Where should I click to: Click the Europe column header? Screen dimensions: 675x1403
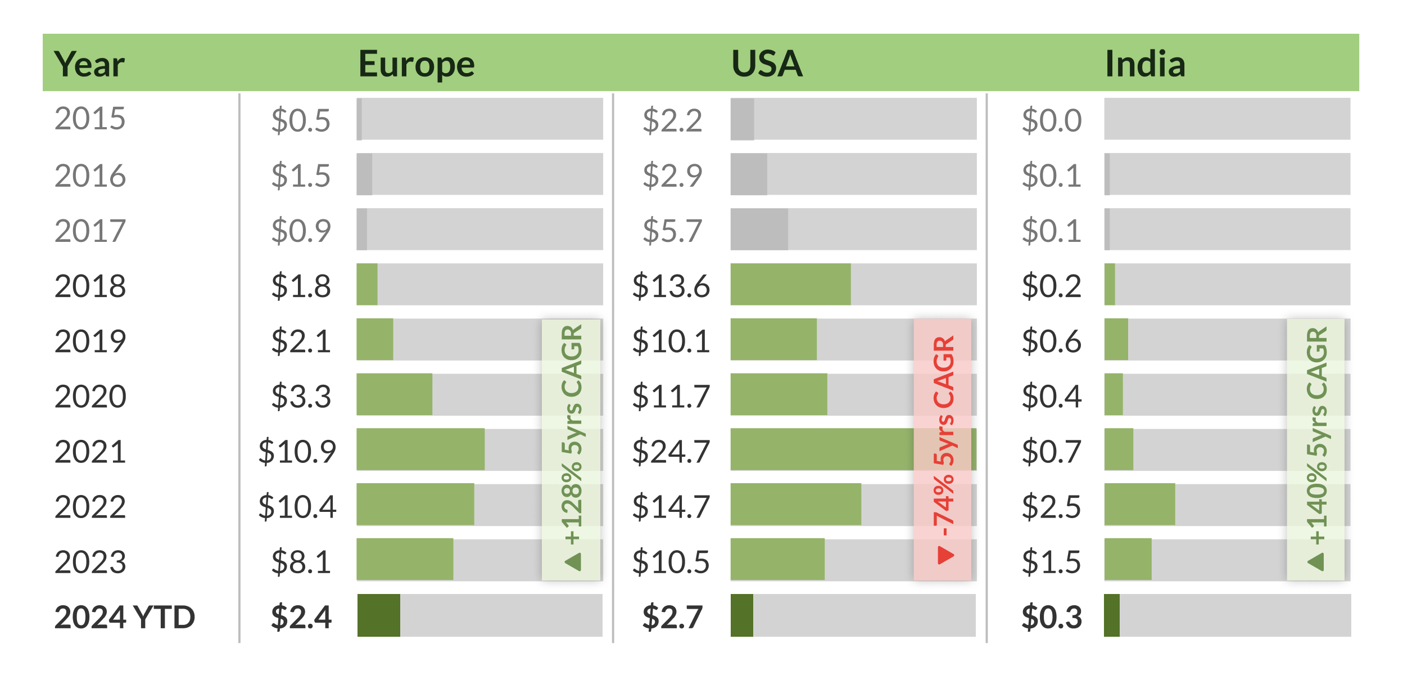(417, 64)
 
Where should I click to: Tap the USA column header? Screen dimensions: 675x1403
(767, 64)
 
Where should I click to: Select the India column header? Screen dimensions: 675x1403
(1145, 64)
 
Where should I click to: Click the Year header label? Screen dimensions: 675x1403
(89, 64)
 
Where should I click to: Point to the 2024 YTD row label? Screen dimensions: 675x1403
(124, 616)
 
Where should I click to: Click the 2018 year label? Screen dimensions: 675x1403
(90, 286)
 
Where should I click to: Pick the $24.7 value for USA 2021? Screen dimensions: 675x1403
(671, 451)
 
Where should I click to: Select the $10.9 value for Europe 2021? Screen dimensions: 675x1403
(297, 451)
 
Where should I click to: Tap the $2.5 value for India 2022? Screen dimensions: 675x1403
(1051, 506)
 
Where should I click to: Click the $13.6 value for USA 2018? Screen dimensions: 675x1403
(671, 286)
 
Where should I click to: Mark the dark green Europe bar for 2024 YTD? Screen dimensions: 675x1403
(378, 615)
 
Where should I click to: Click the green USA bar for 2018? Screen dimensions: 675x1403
(790, 285)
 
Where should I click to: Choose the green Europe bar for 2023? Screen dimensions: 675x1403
(405, 559)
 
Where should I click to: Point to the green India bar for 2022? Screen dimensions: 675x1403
(1139, 505)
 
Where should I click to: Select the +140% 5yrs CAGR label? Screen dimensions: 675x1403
(1316, 436)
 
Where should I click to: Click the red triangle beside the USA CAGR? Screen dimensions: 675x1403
(945, 555)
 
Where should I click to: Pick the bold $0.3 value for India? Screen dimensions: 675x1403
(1051, 616)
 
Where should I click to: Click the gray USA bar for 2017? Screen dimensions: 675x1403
(759, 229)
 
